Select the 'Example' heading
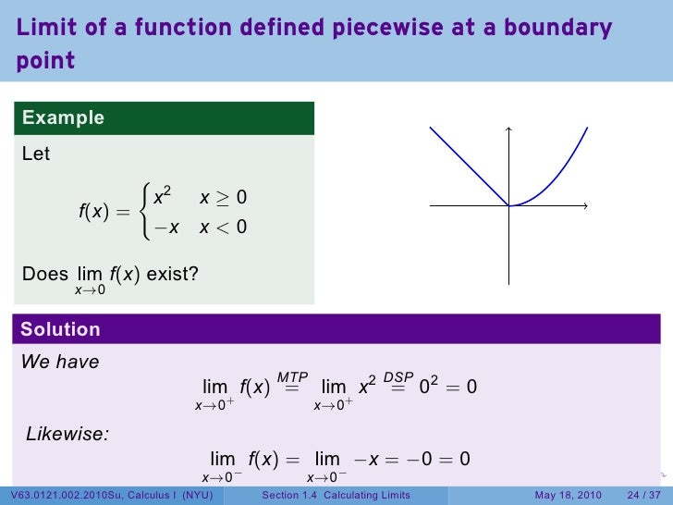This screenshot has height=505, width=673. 63,117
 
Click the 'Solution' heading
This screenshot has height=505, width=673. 60,329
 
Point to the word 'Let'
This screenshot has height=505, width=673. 36,154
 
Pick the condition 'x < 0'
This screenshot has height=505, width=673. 223,227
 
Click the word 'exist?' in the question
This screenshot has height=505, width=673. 172,274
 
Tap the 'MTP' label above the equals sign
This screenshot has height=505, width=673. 292,377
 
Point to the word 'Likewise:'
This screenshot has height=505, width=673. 67,433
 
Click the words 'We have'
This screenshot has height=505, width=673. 60,363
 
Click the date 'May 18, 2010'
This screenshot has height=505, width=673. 568,496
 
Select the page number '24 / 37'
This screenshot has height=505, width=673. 644,496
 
